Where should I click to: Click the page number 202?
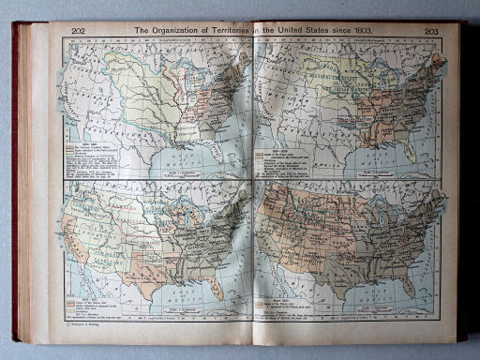tap(80, 31)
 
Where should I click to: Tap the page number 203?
tap(431, 31)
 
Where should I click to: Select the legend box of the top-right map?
tap(285, 156)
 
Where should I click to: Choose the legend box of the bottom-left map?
tap(88, 301)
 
